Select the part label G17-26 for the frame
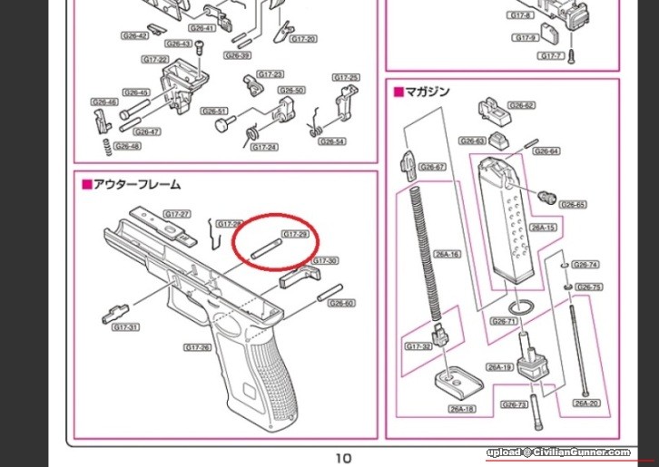[197, 347]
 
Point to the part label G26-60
[341, 303]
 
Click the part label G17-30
[325, 261]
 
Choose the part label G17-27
[176, 214]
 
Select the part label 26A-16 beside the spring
[448, 254]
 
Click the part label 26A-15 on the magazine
[542, 228]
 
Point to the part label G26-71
[503, 321]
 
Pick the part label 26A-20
[585, 402]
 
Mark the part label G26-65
[573, 205]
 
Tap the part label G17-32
[418, 346]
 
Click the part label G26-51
[214, 112]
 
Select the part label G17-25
[347, 78]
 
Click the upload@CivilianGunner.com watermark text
[558, 452]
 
